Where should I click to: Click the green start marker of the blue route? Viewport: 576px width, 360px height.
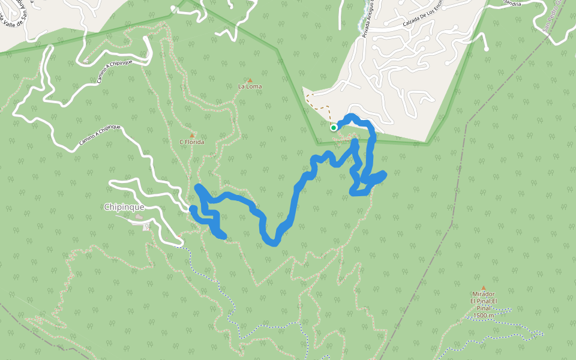pyautogui.click(x=334, y=127)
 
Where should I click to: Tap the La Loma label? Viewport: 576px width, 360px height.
pyautogui.click(x=250, y=86)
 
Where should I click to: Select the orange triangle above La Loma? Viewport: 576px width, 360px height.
pyautogui.click(x=250, y=80)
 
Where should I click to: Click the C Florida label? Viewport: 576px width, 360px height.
pyautogui.click(x=192, y=142)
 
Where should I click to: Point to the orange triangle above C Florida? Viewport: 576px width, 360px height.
pyautogui.click(x=192, y=136)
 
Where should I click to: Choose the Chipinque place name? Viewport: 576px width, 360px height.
pyautogui.click(x=124, y=207)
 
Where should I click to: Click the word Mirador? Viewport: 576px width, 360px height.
pyautogui.click(x=483, y=294)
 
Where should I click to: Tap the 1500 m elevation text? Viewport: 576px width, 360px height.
pyautogui.click(x=484, y=316)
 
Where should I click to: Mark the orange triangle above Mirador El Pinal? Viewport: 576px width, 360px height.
pyautogui.click(x=484, y=288)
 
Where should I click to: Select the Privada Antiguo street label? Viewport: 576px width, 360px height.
pyautogui.click(x=369, y=21)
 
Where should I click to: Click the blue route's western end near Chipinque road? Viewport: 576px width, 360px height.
pyautogui.click(x=193, y=209)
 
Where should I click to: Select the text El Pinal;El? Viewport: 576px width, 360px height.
pyautogui.click(x=484, y=301)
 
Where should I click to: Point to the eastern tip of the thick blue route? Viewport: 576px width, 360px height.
pyautogui.click(x=383, y=174)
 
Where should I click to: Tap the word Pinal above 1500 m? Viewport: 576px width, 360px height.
pyautogui.click(x=484, y=308)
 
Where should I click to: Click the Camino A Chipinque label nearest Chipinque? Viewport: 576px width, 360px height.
pyautogui.click(x=100, y=136)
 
